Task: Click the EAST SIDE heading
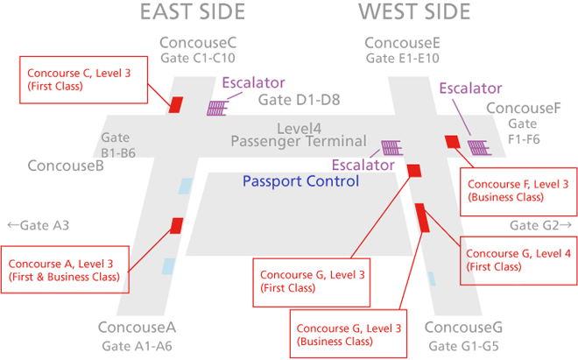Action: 193,12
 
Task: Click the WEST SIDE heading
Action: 414,12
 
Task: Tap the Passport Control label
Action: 300,182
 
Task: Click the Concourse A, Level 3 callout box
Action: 67,269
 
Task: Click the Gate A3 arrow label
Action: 38,226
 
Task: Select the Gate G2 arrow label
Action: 541,226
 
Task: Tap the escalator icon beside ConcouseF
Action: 478,146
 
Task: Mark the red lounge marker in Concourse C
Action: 175,104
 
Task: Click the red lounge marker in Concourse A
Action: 176,226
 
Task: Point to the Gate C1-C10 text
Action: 198,59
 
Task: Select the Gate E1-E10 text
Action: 402,59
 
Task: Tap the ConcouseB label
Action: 66,166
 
